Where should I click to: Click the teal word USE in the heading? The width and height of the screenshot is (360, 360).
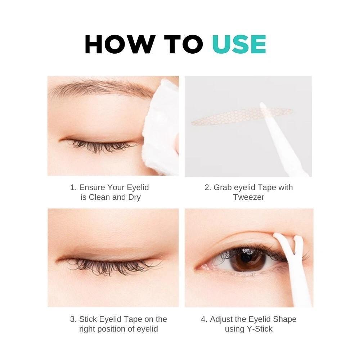[239, 45]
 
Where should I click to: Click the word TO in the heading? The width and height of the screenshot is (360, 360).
[184, 45]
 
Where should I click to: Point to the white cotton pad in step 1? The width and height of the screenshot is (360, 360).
[160, 127]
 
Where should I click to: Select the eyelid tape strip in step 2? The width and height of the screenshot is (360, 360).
[242, 116]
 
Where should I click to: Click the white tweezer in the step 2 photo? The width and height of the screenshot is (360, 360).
[284, 139]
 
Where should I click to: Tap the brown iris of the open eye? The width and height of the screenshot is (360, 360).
[248, 259]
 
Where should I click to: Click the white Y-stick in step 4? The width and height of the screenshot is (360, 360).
[294, 269]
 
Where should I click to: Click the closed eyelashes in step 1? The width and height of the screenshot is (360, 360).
[101, 146]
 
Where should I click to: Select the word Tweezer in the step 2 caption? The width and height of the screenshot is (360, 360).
[249, 197]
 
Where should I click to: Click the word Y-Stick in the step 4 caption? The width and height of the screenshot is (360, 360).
[260, 329]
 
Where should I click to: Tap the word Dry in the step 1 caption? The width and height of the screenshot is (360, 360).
[134, 197]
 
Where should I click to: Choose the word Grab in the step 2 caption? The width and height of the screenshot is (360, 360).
[222, 187]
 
